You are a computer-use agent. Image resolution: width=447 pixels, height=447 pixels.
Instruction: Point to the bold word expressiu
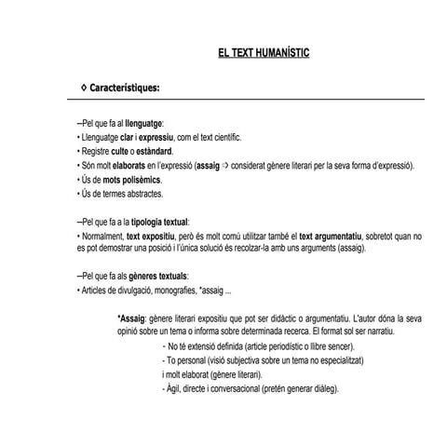(x=155, y=137)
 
